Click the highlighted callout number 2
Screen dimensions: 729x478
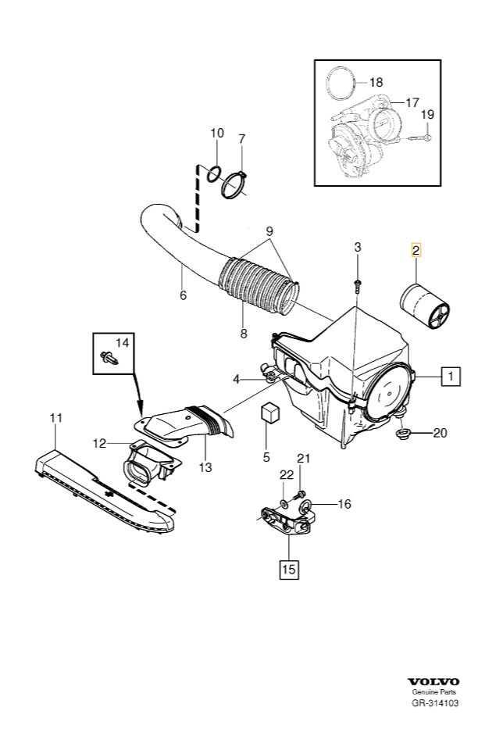[x=416, y=251]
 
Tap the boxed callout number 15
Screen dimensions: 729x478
[x=287, y=569]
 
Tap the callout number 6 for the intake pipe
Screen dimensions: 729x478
[x=183, y=295]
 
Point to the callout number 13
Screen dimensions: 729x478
[x=205, y=467]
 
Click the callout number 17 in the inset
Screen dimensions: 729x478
[x=412, y=102]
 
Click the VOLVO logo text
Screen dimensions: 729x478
[x=437, y=684]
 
